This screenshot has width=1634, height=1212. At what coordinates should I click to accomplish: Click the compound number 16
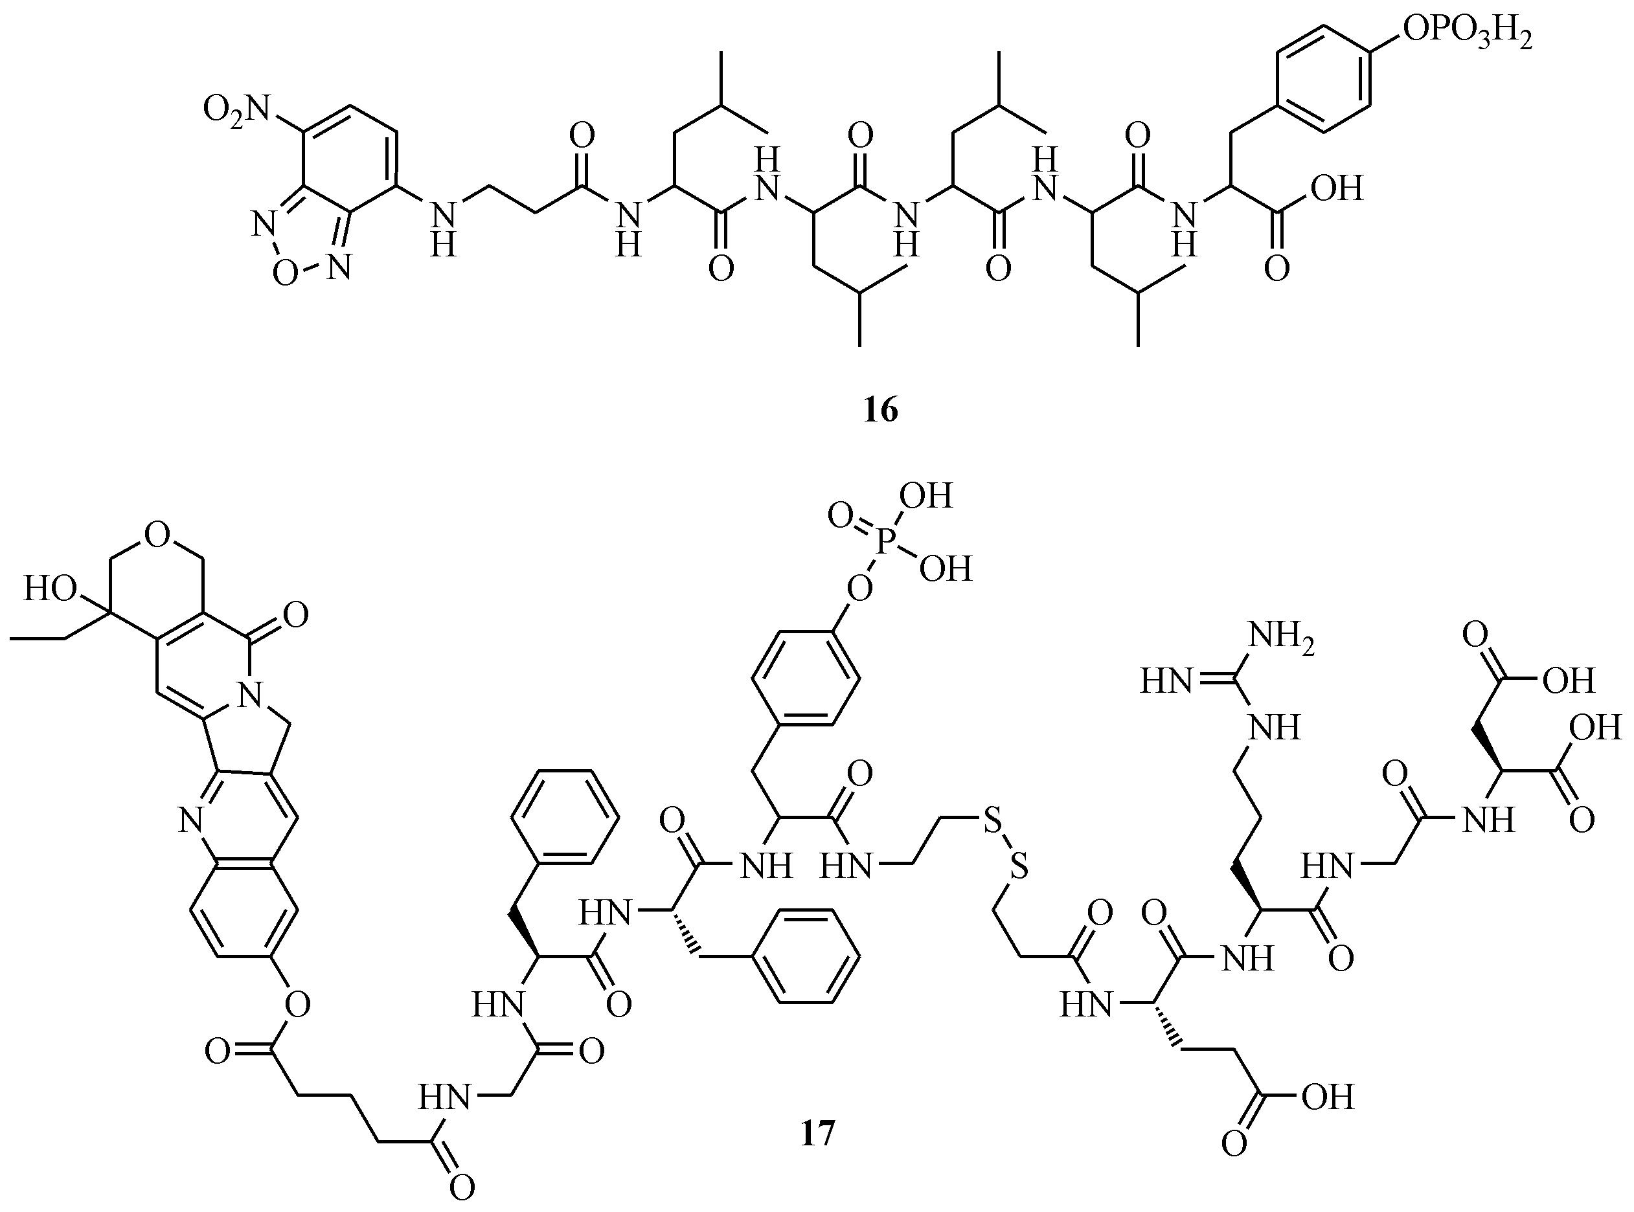[x=880, y=411]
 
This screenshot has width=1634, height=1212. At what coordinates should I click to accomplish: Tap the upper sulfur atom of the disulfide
[x=992, y=825]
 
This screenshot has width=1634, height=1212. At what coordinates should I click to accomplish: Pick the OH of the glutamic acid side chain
[x=1326, y=1097]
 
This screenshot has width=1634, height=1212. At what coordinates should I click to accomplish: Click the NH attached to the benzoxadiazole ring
[x=442, y=229]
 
